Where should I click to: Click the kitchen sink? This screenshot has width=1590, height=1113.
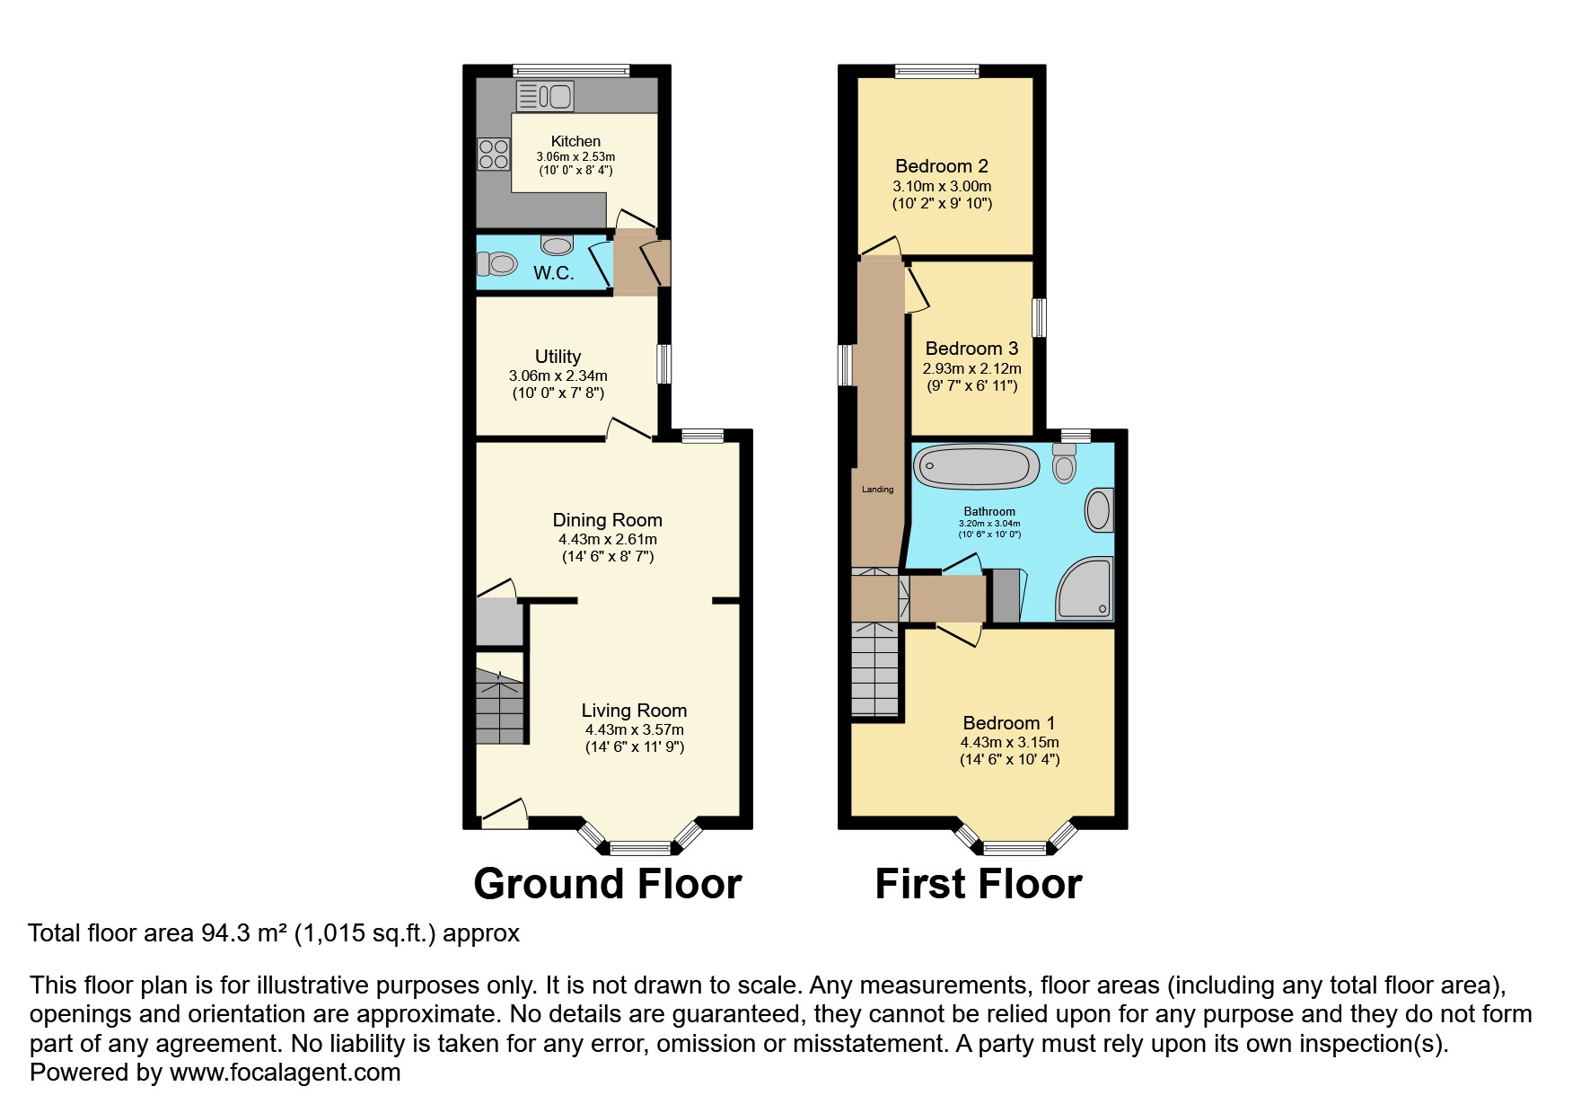click(x=545, y=96)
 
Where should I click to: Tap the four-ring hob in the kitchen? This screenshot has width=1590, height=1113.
click(x=494, y=154)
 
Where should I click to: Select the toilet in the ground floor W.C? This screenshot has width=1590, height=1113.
click(x=496, y=264)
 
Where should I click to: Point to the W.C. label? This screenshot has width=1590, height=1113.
click(x=554, y=273)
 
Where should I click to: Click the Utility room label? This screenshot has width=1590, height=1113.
click(x=558, y=357)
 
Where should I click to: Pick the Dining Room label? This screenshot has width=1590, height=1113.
click(x=608, y=520)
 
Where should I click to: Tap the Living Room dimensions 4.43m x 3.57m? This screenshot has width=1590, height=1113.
click(x=635, y=729)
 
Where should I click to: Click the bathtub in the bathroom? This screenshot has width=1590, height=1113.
click(x=977, y=467)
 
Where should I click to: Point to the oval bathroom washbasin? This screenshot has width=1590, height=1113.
click(x=1100, y=510)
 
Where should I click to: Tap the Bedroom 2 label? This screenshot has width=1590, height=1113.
click(x=942, y=166)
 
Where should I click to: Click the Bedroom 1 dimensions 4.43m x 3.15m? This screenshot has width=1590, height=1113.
click(x=1010, y=742)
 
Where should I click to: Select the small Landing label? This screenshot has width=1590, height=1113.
click(x=878, y=490)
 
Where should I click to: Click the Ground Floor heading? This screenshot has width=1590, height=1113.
click(x=608, y=884)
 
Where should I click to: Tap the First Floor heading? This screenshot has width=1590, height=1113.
click(x=979, y=884)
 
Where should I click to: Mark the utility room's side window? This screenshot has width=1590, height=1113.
click(x=664, y=366)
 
